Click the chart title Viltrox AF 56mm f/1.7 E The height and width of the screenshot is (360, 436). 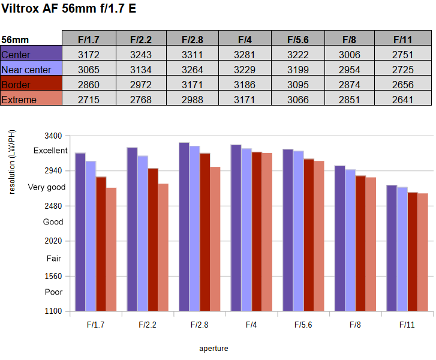coord(69,8)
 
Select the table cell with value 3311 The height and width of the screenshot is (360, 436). coord(193,55)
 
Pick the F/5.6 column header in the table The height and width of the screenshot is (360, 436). coord(298,40)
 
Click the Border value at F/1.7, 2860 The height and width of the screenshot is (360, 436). coord(89,85)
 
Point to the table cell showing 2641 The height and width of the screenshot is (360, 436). coord(402,100)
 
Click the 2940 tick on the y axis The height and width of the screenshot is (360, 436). coord(53,170)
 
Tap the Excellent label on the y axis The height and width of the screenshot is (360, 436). coord(50,151)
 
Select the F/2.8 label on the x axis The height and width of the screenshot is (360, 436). coord(199,325)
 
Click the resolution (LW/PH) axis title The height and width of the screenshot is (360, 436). coord(12,162)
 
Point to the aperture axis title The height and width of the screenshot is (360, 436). coord(214,349)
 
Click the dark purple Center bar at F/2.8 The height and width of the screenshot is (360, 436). coord(184,227)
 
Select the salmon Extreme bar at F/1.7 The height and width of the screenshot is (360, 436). coord(111,249)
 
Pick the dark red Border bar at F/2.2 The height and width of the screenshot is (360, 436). coord(153,239)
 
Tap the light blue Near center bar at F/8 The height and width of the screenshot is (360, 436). coord(350,240)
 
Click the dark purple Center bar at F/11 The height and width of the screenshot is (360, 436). coord(392,248)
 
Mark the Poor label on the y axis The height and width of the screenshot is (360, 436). coord(53,292)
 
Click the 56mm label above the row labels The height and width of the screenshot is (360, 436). coord(15,40)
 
